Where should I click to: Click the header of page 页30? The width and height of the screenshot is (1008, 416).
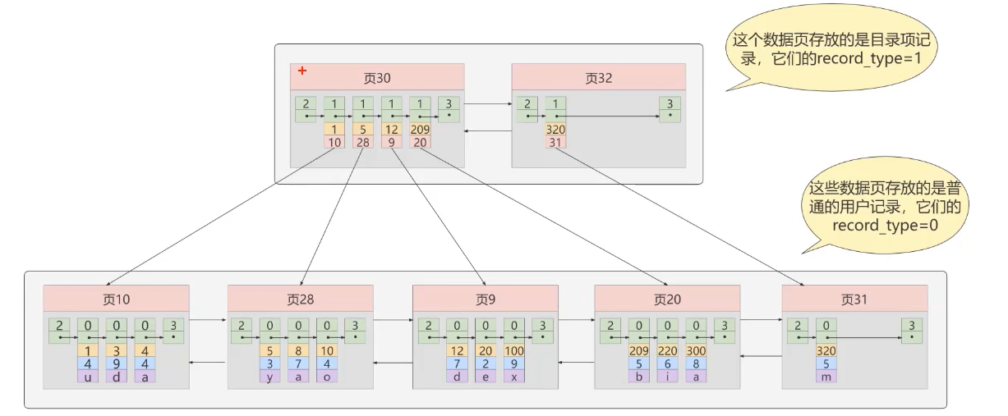pyautogui.click(x=377, y=78)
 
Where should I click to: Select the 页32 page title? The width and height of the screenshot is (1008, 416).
pyautogui.click(x=598, y=78)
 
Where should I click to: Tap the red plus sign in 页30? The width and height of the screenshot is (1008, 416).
pyautogui.click(x=302, y=71)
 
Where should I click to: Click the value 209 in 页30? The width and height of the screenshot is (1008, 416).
pyautogui.click(x=419, y=130)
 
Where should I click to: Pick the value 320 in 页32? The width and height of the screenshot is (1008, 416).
pyautogui.click(x=555, y=130)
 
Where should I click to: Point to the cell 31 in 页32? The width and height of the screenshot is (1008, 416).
pyautogui.click(x=555, y=142)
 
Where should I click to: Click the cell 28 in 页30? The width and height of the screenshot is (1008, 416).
pyautogui.click(x=363, y=142)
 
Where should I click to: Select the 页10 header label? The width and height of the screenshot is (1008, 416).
pyautogui.click(x=116, y=299)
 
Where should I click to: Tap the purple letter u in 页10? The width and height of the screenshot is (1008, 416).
pyautogui.click(x=88, y=376)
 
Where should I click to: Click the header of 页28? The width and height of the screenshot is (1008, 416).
pyautogui.click(x=300, y=299)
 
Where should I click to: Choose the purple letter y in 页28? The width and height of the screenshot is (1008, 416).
pyautogui.click(x=270, y=376)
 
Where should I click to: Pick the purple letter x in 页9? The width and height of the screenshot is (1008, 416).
pyautogui.click(x=513, y=376)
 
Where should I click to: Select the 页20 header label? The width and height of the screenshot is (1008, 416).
pyautogui.click(x=667, y=299)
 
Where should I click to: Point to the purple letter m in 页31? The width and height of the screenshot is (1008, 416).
pyautogui.click(x=827, y=376)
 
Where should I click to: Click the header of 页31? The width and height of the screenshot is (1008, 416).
pyautogui.click(x=854, y=299)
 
